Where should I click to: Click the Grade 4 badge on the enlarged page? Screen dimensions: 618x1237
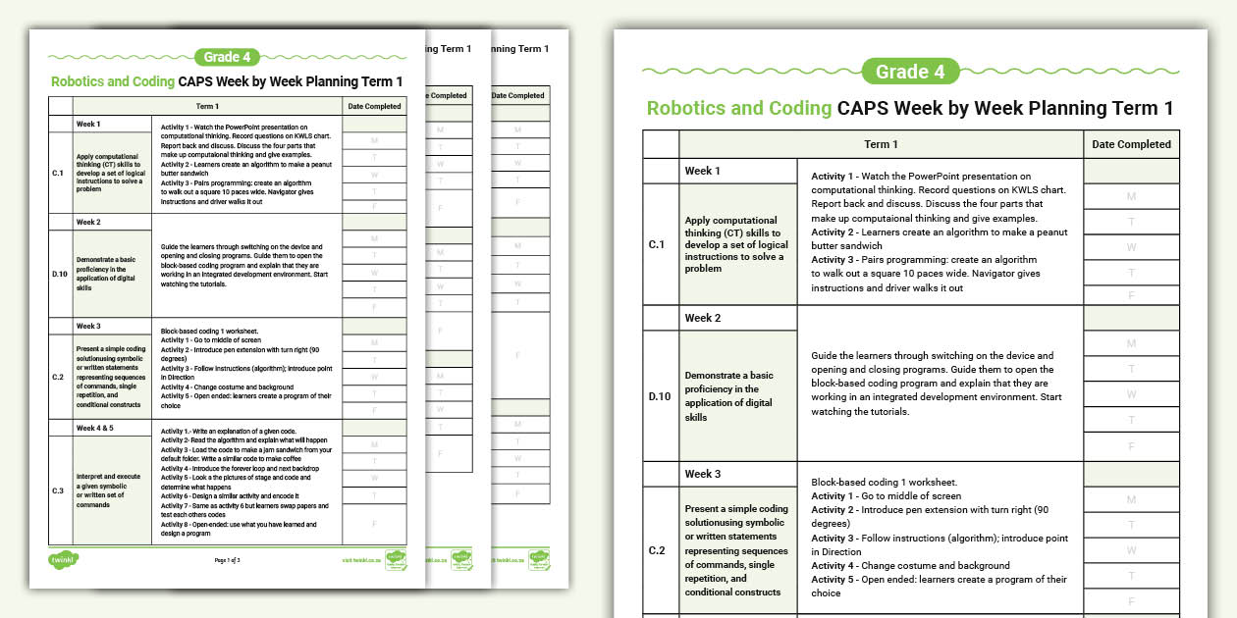coord(910,72)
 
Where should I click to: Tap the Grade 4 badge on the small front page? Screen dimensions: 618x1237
coord(228,57)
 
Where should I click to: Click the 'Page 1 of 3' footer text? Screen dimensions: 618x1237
coord(227,559)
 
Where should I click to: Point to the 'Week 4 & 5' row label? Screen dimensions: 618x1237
coord(95,428)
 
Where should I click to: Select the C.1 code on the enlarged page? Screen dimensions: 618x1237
coord(658,244)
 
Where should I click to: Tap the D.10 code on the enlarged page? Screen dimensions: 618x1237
coord(660,396)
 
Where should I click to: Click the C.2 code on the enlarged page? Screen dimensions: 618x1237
coord(658,550)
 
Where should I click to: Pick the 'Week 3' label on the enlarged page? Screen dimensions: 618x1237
coord(703,474)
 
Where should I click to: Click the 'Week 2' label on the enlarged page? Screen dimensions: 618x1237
coord(703,318)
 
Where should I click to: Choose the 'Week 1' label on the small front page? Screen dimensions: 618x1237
coord(88,125)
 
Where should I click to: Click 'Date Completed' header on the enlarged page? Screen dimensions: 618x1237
coord(1131,144)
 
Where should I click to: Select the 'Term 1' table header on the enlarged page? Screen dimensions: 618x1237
coord(881,144)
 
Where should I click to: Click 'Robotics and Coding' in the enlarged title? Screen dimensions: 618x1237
coord(738,108)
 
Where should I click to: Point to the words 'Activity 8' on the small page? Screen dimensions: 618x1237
coord(176,523)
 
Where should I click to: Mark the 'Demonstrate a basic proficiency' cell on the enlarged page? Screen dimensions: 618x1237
coord(736,396)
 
